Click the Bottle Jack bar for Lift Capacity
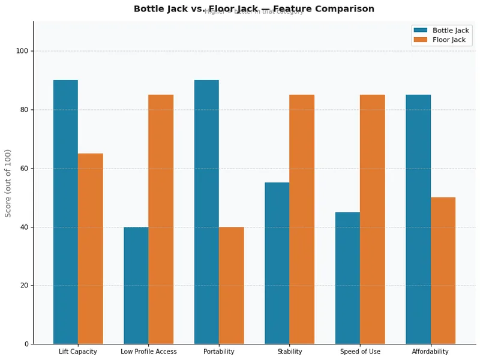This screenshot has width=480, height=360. tap(65, 212)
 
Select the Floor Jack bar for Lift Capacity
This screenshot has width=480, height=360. tap(91, 248)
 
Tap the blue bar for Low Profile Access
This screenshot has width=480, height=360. tap(136, 286)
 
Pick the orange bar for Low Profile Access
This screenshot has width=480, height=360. tap(161, 219)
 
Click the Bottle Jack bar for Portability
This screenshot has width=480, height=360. tap(206, 212)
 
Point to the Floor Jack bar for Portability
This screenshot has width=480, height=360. tap(232, 286)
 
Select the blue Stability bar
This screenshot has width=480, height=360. tap(277, 263)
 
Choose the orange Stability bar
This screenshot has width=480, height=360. tap(302, 219)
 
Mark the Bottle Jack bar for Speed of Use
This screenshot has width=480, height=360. tap(347, 278)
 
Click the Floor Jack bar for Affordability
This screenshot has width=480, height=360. tap(443, 271)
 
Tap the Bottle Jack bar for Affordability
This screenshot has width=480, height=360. tap(418, 219)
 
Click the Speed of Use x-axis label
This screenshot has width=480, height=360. tap(360, 352)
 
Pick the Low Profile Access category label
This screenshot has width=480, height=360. tap(149, 352)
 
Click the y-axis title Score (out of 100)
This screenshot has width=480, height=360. tap(8, 183)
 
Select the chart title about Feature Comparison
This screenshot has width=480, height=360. tap(254, 9)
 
